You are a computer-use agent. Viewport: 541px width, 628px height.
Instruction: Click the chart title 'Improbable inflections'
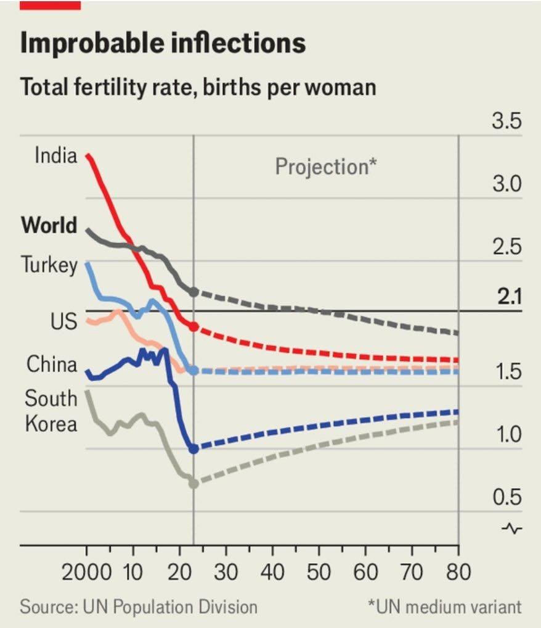[163, 44]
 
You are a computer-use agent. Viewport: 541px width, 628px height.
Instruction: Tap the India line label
[56, 155]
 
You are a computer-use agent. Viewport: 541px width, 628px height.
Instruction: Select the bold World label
[49, 225]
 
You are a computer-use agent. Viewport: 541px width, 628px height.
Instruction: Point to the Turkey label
[49, 265]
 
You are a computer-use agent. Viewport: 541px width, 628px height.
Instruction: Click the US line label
[63, 321]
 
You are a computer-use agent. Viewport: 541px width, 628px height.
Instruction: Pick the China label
[52, 364]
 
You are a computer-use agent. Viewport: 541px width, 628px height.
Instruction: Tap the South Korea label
[51, 411]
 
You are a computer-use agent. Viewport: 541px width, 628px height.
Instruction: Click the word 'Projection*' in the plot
[326, 167]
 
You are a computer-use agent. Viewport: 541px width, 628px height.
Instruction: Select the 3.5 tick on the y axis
[506, 122]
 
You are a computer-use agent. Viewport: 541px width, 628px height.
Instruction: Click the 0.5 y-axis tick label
[506, 497]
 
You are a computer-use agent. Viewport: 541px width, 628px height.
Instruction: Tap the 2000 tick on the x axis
[86, 572]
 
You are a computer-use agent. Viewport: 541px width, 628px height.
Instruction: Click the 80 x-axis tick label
[458, 572]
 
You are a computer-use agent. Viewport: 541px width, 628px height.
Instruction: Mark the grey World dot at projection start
[193, 291]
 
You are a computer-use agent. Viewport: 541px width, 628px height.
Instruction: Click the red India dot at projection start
[193, 326]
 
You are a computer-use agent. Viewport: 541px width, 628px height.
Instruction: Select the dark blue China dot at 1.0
[193, 448]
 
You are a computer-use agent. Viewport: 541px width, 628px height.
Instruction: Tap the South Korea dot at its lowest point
[193, 483]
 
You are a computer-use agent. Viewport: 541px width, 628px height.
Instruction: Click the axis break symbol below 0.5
[513, 529]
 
